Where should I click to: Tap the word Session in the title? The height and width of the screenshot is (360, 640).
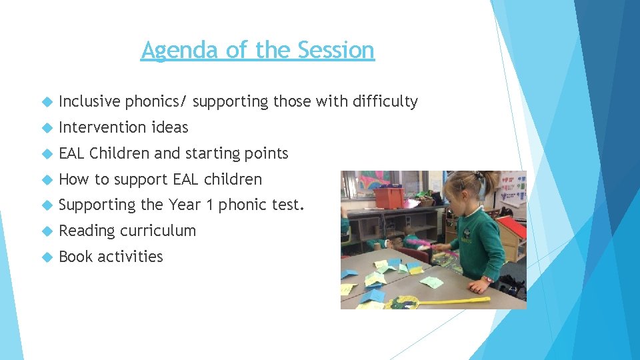(x=336, y=50)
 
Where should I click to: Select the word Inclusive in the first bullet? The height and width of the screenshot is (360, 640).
(x=90, y=101)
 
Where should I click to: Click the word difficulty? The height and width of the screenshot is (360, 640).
(x=385, y=101)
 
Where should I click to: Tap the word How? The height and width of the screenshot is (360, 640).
(x=74, y=179)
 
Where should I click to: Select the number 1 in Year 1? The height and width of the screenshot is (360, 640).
(x=209, y=205)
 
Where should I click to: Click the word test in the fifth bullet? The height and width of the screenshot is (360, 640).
(x=289, y=205)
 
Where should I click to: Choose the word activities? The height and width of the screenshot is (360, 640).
(x=130, y=257)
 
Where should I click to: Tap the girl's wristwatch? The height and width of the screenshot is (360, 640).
(x=488, y=279)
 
